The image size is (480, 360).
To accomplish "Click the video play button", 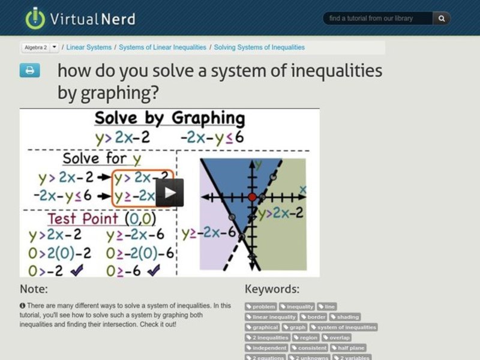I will coord(170,193).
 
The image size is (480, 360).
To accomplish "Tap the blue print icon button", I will coord(29,70).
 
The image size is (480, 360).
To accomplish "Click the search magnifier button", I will coord(442,19).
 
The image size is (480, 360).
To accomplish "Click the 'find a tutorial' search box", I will coord(378,19).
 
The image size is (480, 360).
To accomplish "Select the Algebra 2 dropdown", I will coord(40,47).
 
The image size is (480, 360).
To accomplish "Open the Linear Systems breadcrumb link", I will coord(89,47).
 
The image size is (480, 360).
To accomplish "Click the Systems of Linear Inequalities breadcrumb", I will coord(163,47).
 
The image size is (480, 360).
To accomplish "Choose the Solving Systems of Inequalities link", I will coord(259,47).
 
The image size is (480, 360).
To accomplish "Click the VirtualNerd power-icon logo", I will coord(35,18).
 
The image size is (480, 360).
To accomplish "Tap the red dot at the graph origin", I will coord(252,197).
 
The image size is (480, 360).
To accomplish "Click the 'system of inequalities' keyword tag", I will coord(344,327).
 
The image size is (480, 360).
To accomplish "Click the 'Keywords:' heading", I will coord(272,289).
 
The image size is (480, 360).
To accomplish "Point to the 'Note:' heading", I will coord(34,289).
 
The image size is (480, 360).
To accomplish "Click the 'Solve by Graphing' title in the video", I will coord(170,118).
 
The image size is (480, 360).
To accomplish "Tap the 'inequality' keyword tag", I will coord(298,307).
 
